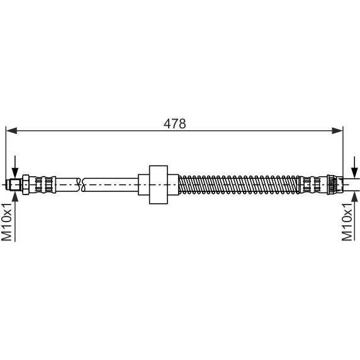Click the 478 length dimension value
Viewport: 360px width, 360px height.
[x=175, y=124]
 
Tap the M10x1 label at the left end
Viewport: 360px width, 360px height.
[x=7, y=222]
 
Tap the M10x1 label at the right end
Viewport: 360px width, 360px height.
[x=347, y=222]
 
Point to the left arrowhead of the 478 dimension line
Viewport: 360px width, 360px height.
[x=11, y=131]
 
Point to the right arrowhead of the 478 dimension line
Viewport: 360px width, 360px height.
[x=337, y=131]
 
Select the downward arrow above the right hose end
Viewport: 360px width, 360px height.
[x=355, y=167]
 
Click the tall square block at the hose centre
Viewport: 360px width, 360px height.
[x=158, y=184]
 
